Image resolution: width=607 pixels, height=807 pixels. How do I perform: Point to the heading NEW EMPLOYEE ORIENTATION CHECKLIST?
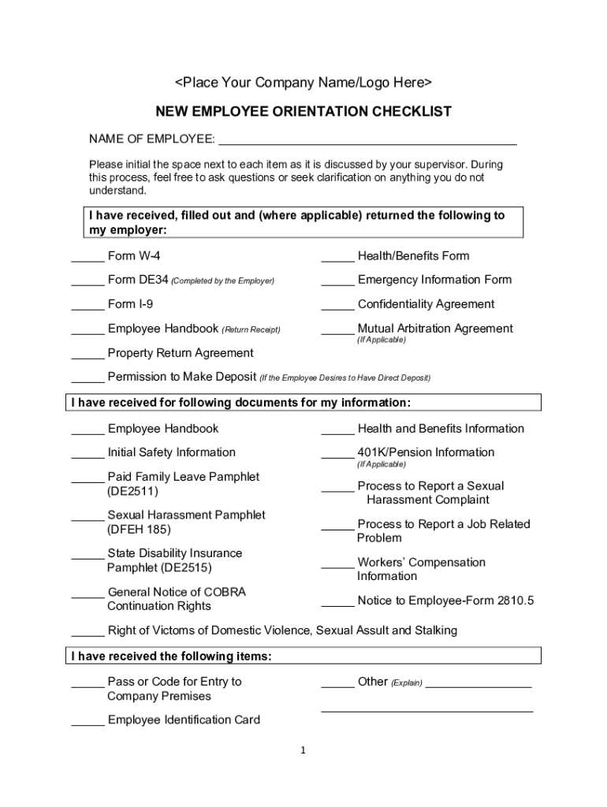(303, 112)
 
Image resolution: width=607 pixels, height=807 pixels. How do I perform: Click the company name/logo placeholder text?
(303, 83)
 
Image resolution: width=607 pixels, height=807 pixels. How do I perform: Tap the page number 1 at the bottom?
(302, 751)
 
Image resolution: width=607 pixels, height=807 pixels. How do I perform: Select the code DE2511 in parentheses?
(132, 492)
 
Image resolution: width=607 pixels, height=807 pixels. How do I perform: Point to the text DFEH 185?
(139, 530)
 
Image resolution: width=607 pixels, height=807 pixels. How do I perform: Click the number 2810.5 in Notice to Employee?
(515, 601)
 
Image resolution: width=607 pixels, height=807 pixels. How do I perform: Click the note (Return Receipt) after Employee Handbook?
(251, 329)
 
